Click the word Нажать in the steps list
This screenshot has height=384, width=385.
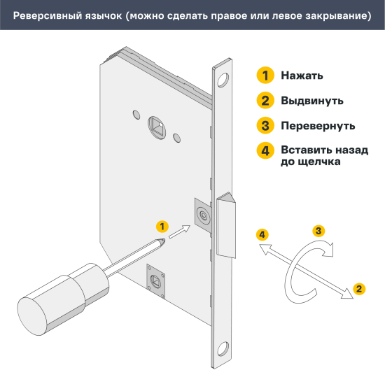[302, 76]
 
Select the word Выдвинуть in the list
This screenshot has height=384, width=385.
[311, 100]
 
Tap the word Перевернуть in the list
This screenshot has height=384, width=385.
[317, 126]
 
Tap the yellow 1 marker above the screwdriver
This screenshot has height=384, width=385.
[162, 226]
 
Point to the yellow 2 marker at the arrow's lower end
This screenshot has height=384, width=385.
[359, 288]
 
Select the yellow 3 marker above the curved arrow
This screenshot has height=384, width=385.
[318, 231]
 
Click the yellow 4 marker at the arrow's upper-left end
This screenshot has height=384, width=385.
[262, 234]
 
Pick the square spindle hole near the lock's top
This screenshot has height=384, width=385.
[157, 125]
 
